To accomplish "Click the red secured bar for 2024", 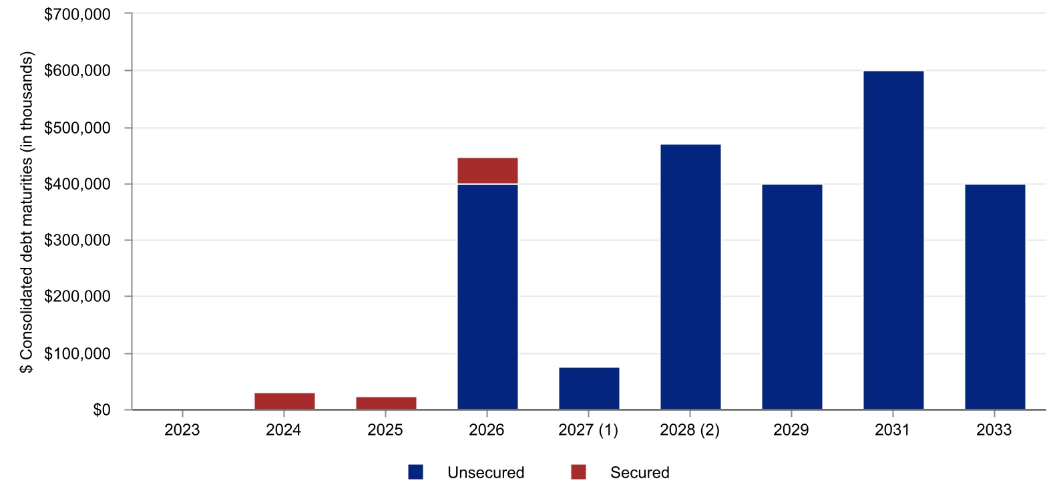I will (x=284, y=401).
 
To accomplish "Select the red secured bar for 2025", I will (x=386, y=403).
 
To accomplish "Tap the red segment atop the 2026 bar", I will (x=487, y=170).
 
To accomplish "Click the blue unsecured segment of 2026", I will (x=487, y=297).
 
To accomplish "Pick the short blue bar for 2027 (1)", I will (x=589, y=388).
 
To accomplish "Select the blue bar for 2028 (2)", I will (x=690, y=277).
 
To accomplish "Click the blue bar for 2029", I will (x=792, y=297).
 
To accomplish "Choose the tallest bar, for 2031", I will (x=893, y=240).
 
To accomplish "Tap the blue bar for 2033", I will (x=995, y=297).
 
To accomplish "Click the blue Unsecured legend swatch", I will (x=415, y=472).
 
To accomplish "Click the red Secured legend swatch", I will (x=578, y=472).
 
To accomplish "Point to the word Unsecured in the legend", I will (x=485, y=472).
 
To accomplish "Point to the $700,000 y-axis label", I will (x=77, y=14).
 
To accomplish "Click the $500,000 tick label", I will (x=77, y=128).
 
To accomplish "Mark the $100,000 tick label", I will (x=77, y=353).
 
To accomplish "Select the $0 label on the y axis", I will (x=101, y=410).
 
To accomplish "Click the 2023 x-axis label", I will (x=182, y=430).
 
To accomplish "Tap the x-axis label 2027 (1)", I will (x=588, y=430).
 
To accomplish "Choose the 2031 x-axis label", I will (x=893, y=430).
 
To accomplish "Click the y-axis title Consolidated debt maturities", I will (x=26, y=214).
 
